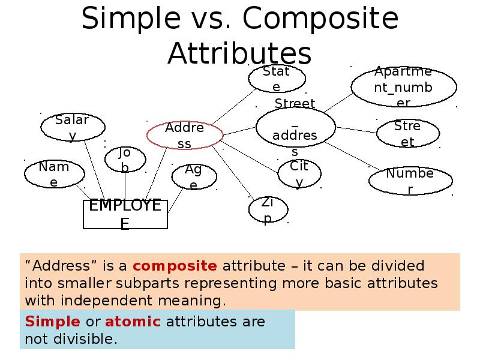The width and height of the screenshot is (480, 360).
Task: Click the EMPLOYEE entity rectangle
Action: coord(125,214)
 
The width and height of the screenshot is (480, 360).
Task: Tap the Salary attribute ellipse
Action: coord(73,127)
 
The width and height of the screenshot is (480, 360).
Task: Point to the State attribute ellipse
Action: coord(277,79)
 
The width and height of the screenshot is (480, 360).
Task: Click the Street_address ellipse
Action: coord(295,128)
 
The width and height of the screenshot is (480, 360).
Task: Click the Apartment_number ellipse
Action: coord(400,86)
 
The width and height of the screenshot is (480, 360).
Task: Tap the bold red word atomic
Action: coord(133,321)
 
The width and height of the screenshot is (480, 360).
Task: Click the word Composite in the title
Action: coord(320,19)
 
